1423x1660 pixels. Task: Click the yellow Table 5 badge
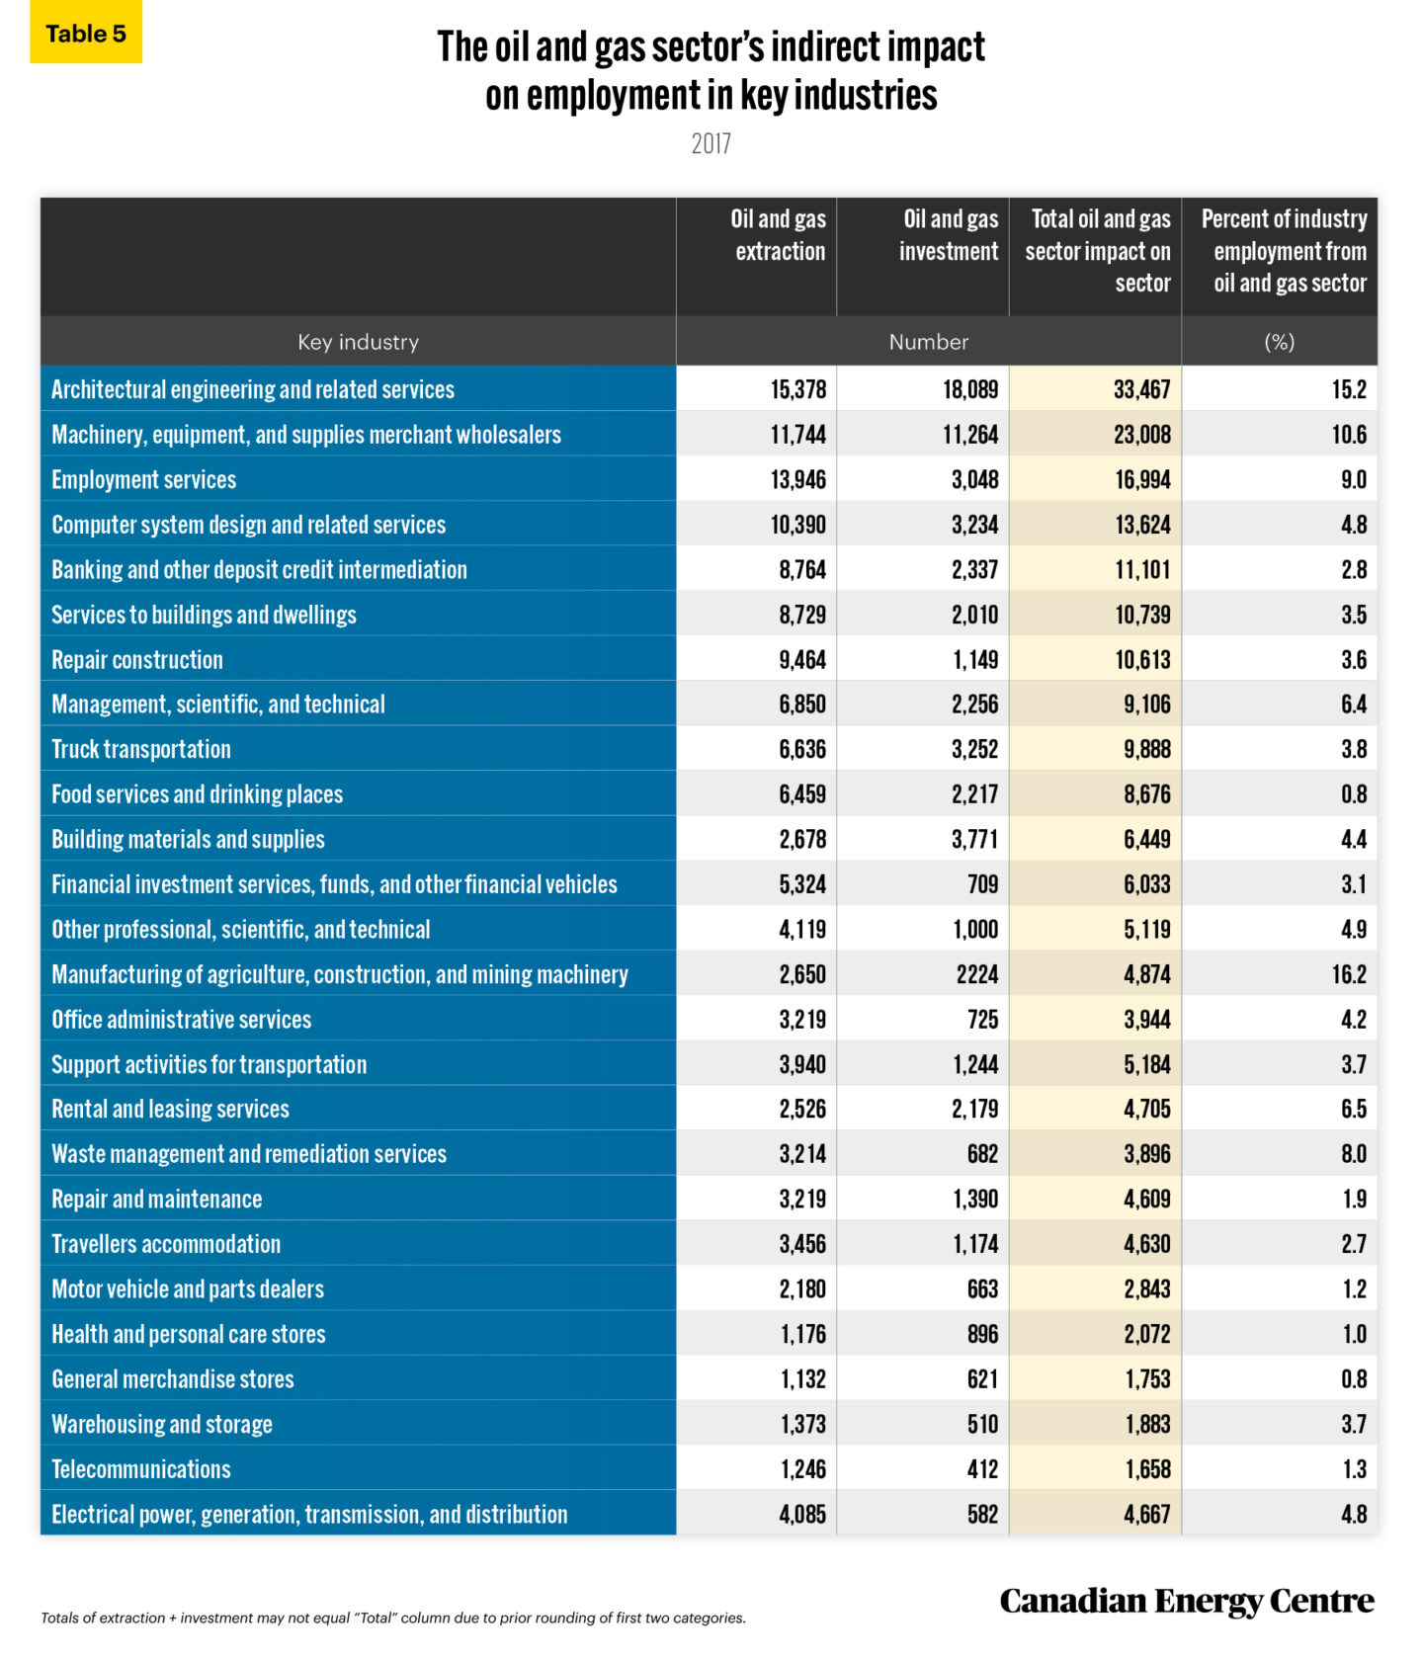[x=86, y=34]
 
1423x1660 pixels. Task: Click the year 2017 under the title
[x=711, y=144]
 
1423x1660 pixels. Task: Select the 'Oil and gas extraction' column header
[x=778, y=235]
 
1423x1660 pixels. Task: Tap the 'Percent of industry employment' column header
[x=1283, y=251]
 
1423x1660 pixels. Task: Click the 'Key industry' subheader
[x=358, y=342]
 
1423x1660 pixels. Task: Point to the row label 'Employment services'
[x=144, y=480]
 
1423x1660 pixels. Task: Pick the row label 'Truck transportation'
[x=141, y=750]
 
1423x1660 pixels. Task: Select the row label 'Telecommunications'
[x=141, y=1469]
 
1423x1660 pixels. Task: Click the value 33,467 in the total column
[x=1141, y=390]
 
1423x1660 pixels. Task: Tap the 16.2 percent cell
[x=1348, y=975]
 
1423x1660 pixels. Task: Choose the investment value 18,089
[x=969, y=390]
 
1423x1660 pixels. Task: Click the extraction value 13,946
[x=797, y=480]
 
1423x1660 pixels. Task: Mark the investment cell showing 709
[x=982, y=884]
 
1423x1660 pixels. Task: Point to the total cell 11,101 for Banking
[x=1142, y=570]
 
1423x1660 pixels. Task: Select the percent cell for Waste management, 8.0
[x=1353, y=1154]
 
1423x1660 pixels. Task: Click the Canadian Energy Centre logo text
[x=1186, y=1601]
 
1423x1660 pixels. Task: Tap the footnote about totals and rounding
[x=393, y=1618]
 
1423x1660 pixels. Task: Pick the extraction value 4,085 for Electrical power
[x=801, y=1514]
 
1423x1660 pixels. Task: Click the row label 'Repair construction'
[x=137, y=660]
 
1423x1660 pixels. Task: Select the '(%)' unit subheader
[x=1279, y=342]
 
